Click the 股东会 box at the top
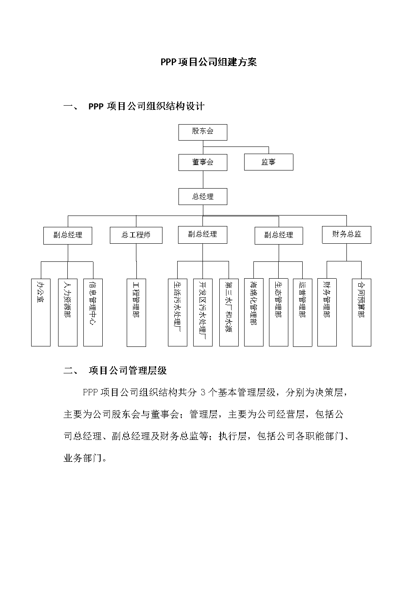[202, 132]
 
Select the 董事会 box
[202, 162]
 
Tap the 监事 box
[269, 162]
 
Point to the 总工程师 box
[136, 235]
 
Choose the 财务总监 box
[346, 234]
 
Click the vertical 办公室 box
[41, 312]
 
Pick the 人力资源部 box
[67, 312]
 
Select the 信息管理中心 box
[93, 312]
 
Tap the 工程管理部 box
[136, 312]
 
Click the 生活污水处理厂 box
[177, 312]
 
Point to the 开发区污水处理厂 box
[203, 312]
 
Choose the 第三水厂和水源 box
[229, 312]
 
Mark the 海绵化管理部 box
[253, 312]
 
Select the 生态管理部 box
[278, 312]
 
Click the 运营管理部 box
[302, 312]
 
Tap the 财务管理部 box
[327, 312]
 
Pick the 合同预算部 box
[361, 312]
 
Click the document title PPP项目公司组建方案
[208, 62]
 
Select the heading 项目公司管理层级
[128, 370]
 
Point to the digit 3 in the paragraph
[202, 393]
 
